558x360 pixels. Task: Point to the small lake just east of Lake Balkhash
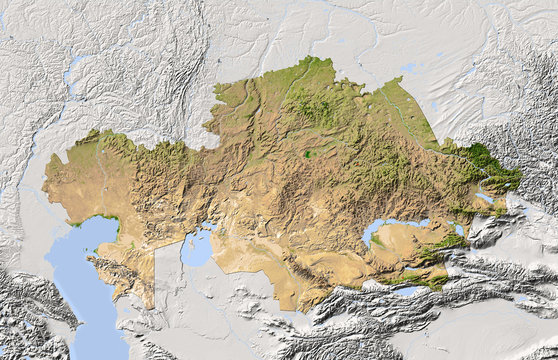(x=459, y=229)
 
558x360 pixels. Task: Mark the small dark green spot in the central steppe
(x=309, y=154)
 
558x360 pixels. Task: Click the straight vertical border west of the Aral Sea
(x=156, y=275)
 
